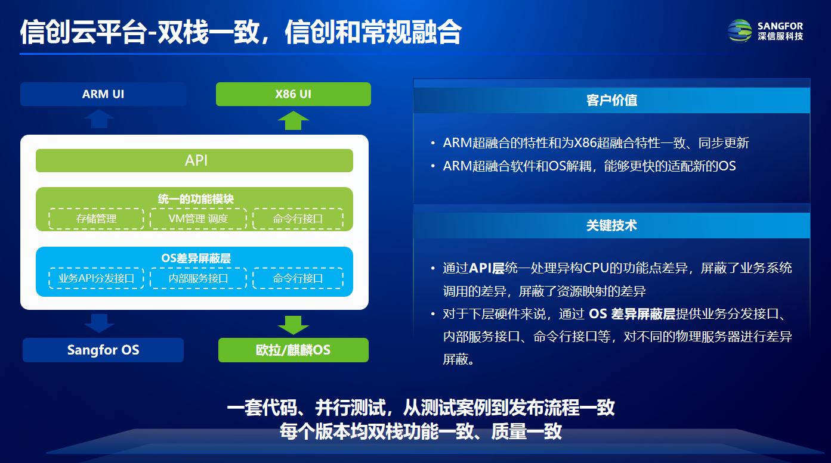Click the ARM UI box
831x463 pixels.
103,94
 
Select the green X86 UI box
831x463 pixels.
293,94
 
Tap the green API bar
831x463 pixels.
194,160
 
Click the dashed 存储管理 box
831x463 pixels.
96,219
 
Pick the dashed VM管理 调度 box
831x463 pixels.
198,219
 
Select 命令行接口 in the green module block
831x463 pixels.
298,219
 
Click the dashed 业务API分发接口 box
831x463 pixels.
96,278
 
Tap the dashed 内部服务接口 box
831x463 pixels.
198,278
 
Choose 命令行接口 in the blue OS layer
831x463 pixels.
298,278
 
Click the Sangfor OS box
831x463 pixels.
103,350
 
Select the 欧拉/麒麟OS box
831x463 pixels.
293,350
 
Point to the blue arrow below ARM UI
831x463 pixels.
99,119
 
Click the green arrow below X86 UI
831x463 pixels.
293,120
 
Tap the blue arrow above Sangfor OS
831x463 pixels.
99,324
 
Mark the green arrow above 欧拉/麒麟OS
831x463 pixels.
293,325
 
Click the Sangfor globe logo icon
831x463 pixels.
740,31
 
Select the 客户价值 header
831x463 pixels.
611,100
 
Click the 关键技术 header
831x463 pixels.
611,225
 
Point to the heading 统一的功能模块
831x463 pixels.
196,199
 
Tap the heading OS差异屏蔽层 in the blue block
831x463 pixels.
196,258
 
